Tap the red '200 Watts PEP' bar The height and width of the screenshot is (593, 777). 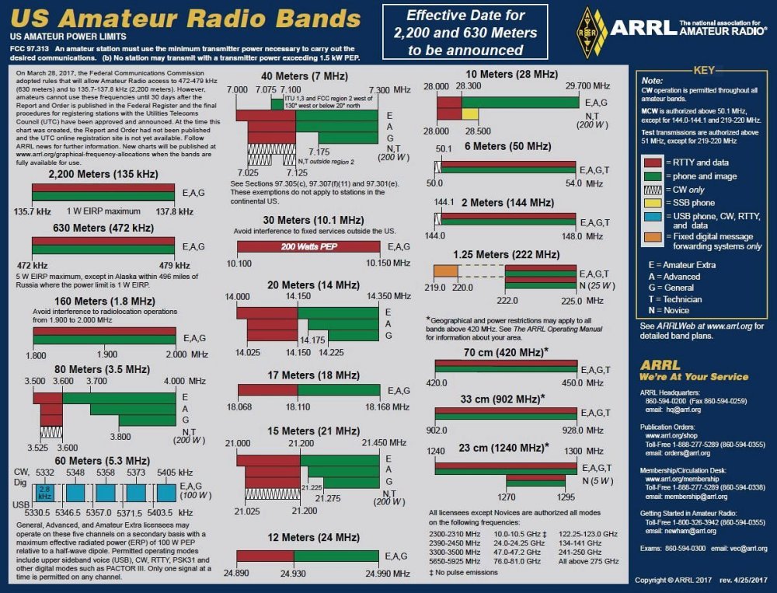(x=313, y=246)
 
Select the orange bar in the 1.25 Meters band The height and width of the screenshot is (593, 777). (x=445, y=270)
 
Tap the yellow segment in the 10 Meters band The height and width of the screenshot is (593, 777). (x=470, y=113)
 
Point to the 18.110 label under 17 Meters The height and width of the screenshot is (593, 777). (x=298, y=406)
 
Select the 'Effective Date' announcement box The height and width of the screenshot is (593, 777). (x=465, y=32)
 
